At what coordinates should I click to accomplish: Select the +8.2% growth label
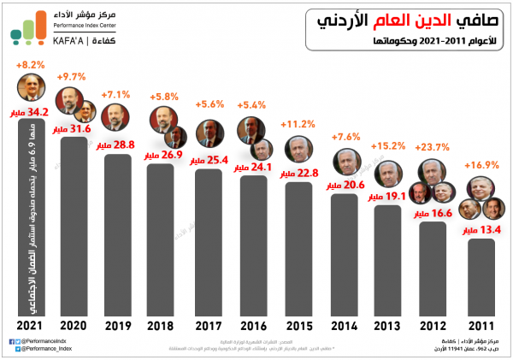32,64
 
